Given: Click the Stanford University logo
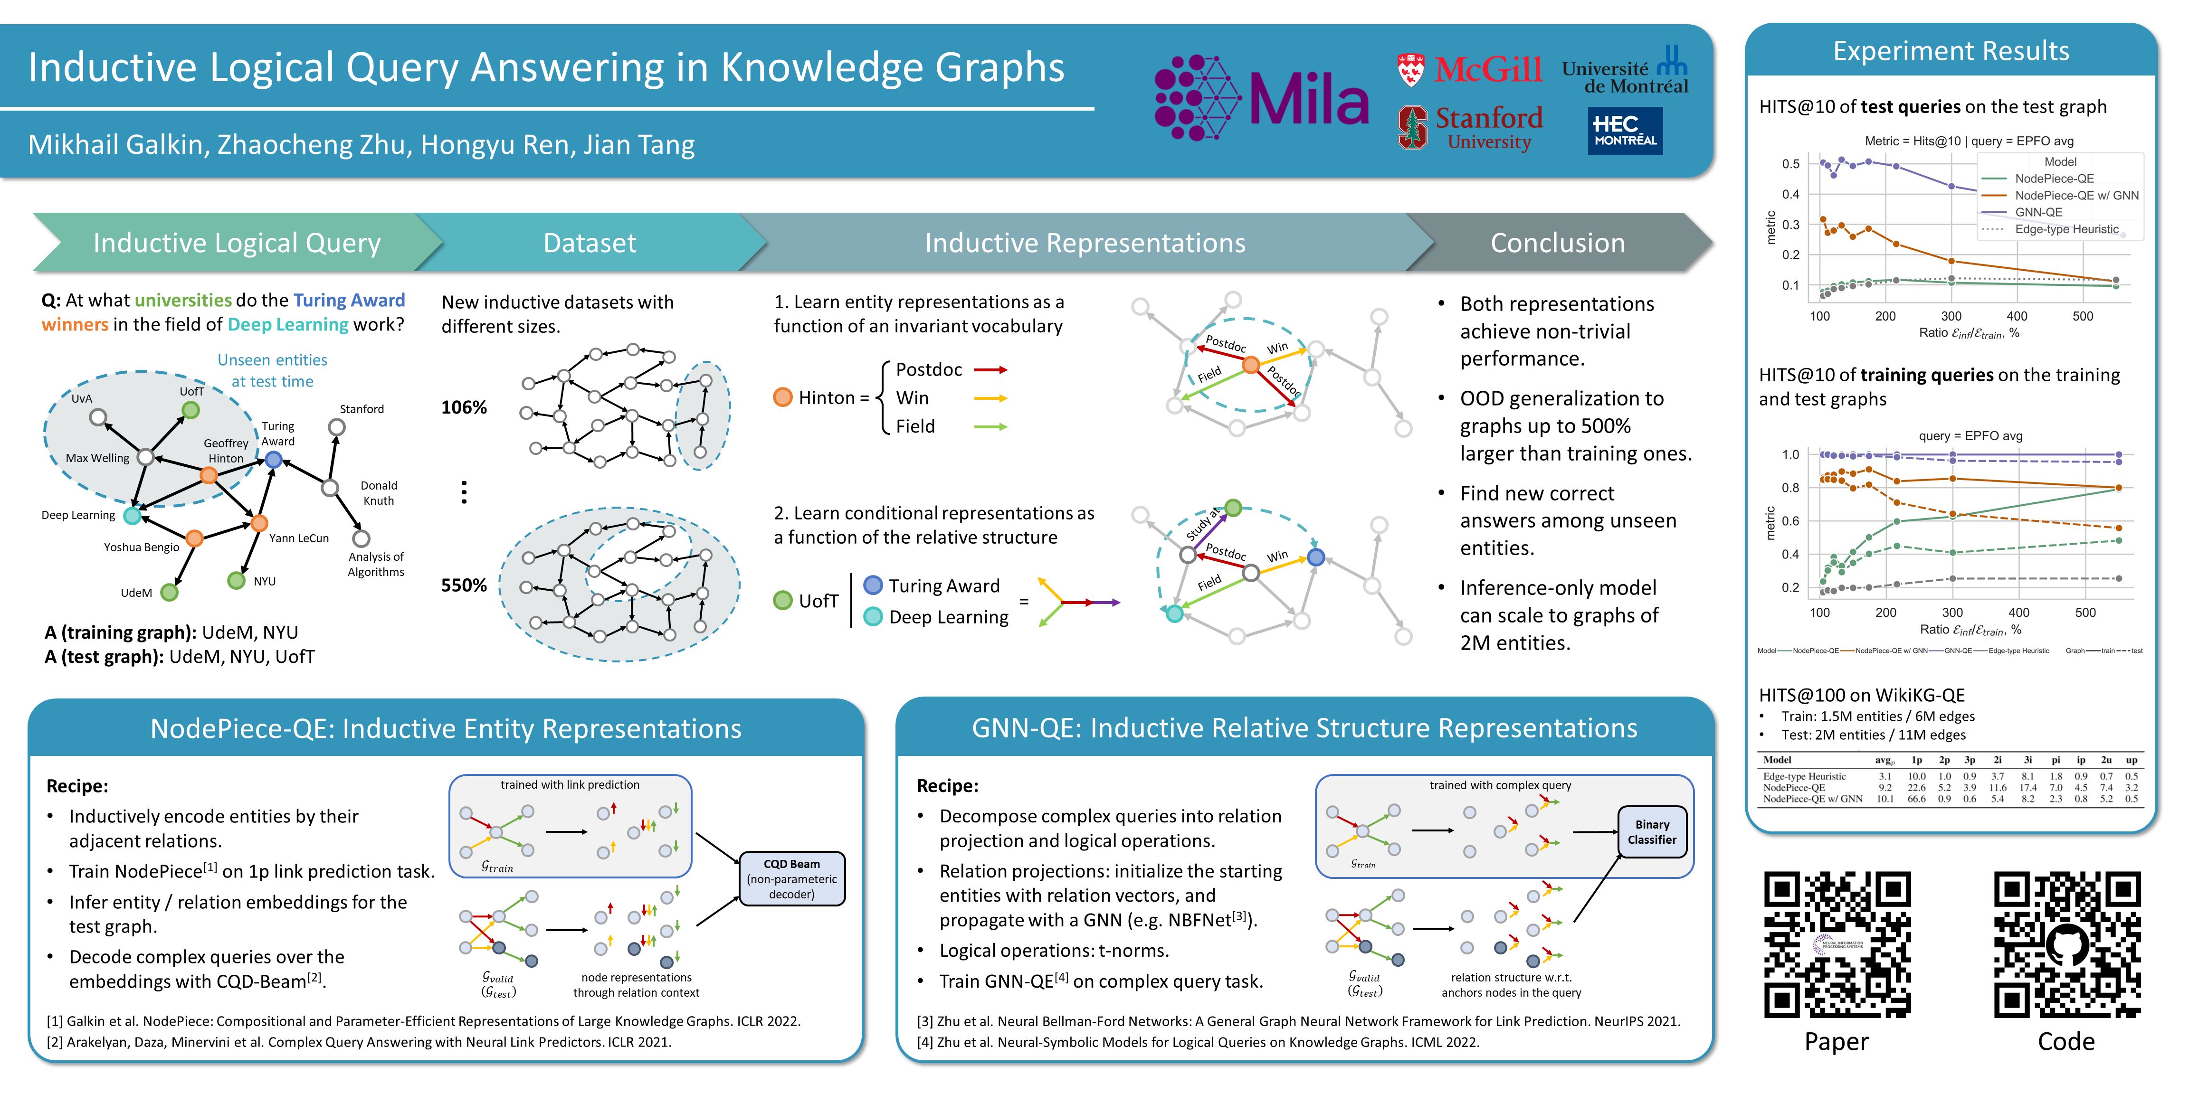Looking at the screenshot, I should click(x=1470, y=127).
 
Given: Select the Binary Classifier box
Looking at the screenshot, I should click(x=1651, y=831).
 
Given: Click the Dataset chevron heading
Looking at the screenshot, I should click(x=589, y=243).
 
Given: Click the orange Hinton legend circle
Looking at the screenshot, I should click(x=783, y=397).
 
